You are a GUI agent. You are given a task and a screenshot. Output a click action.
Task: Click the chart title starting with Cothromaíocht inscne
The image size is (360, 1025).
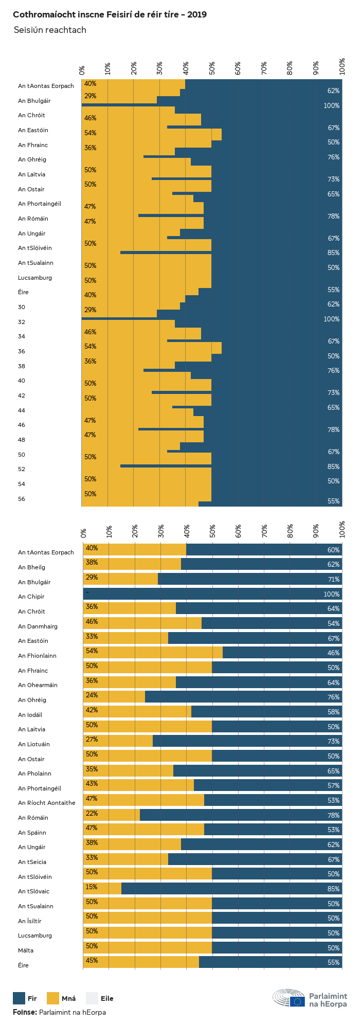point(110,14)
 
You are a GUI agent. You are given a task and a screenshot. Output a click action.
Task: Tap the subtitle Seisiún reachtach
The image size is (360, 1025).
point(50,30)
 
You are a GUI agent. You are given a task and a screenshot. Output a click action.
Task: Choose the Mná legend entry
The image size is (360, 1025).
point(61,998)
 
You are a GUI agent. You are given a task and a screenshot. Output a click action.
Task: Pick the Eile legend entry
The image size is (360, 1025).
point(100,998)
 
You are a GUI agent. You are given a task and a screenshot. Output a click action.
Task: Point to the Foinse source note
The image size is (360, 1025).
point(59,1012)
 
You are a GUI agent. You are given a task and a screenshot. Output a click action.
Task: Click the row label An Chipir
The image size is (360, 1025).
point(31,597)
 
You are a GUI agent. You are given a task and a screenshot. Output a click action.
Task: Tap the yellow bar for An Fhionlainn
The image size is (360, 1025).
point(153,653)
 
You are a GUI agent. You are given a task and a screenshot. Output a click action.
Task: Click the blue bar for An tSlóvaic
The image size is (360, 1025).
point(231,889)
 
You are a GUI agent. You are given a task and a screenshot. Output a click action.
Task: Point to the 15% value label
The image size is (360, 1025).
point(92,887)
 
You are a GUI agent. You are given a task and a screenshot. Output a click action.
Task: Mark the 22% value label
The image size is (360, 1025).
point(92,814)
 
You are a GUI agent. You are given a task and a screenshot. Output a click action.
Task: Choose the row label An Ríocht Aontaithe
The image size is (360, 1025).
point(46,803)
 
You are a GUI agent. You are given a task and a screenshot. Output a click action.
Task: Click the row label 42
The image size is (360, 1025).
point(22,395)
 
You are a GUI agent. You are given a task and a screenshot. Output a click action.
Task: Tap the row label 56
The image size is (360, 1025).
point(22,499)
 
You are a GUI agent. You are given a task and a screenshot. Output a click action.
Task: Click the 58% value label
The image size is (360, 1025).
point(333,712)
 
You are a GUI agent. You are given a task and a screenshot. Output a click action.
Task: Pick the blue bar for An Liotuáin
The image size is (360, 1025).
point(247,741)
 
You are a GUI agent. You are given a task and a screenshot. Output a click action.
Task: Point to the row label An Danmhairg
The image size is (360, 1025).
point(38,626)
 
